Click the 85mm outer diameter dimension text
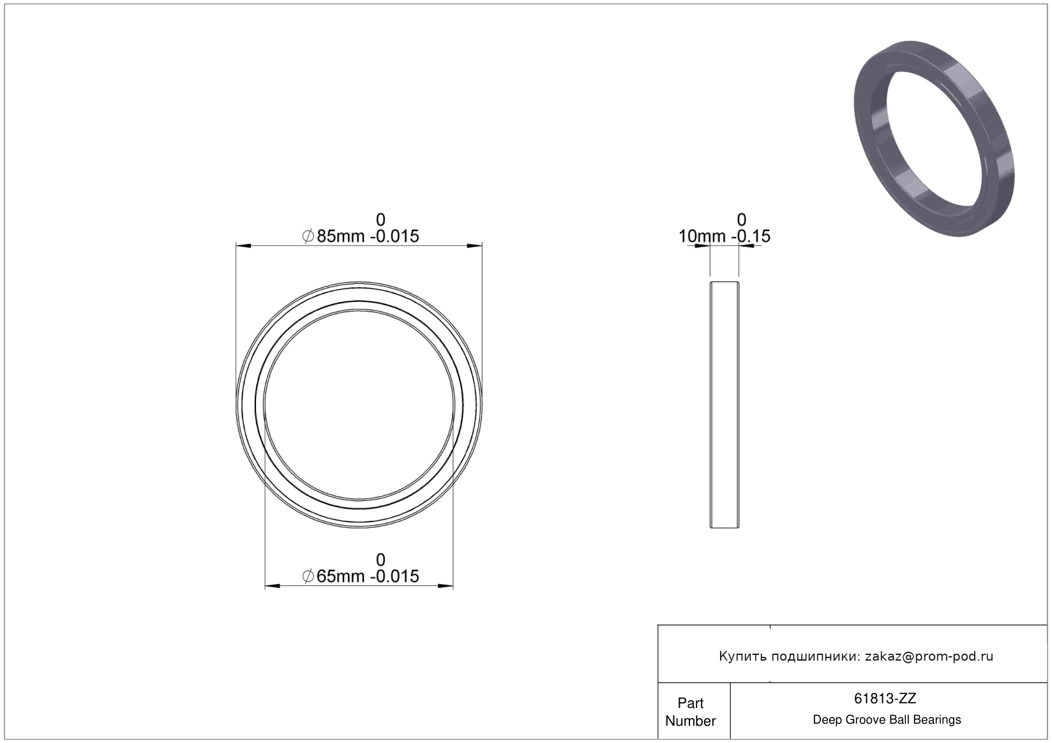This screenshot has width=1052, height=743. point(340,236)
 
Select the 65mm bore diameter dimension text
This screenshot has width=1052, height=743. point(340,576)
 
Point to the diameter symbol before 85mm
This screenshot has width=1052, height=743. point(308,236)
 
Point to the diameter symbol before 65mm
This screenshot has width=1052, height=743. point(308,576)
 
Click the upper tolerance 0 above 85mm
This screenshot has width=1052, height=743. point(380,220)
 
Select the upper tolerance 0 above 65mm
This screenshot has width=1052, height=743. point(380,559)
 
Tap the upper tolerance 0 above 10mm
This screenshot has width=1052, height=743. point(741,220)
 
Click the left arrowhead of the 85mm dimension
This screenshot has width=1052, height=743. point(243,246)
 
